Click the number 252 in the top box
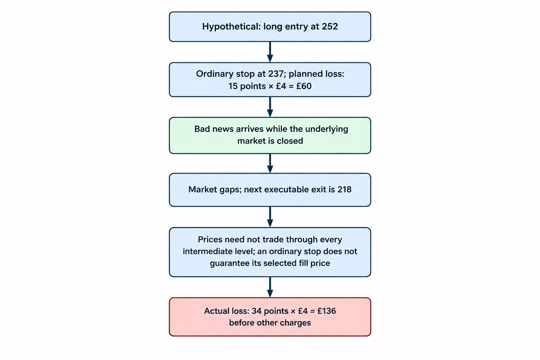pos(329,26)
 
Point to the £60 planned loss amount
pos(304,86)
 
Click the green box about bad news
pos(270,135)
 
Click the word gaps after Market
pos(231,190)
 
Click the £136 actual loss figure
pos(327,311)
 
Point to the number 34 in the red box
pos(257,311)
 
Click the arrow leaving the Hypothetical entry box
pos(270,52)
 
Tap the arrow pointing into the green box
pos(270,107)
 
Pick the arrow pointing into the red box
pos(270,287)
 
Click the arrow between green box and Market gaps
pos(270,163)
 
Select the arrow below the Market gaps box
pos(270,217)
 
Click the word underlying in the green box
pos(327,129)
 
